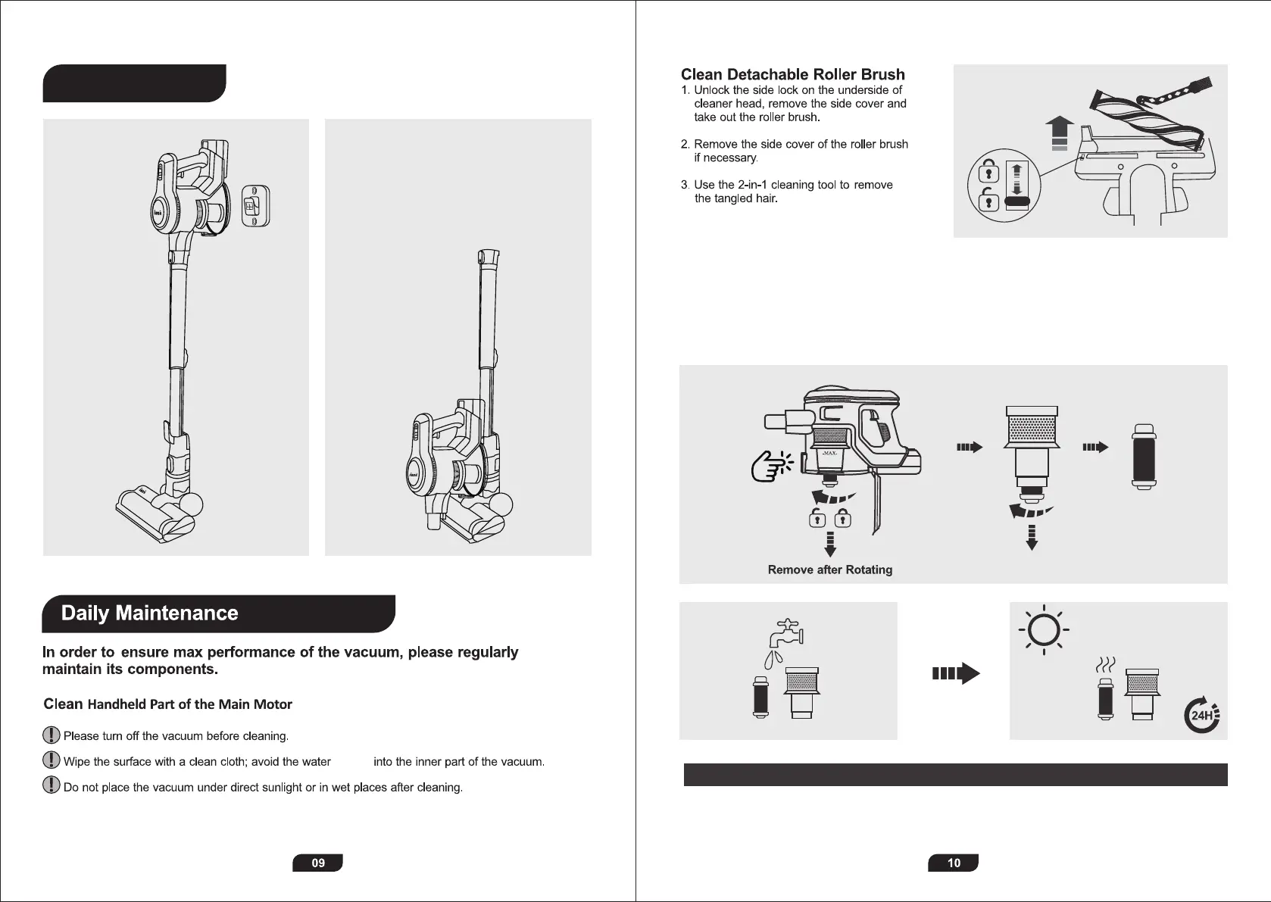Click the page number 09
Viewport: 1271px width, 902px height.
317,863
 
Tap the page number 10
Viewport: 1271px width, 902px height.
954,863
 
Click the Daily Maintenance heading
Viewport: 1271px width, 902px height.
149,613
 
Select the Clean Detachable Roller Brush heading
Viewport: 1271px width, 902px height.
792,74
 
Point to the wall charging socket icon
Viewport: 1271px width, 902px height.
255,204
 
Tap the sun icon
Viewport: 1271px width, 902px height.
1044,630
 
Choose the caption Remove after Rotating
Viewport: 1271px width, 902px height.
829,570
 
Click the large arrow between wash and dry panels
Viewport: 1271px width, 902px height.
955,673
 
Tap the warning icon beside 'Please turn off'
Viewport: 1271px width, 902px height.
51,735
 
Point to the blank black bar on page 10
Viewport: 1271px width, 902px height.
954,775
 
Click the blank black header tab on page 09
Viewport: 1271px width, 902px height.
134,83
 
